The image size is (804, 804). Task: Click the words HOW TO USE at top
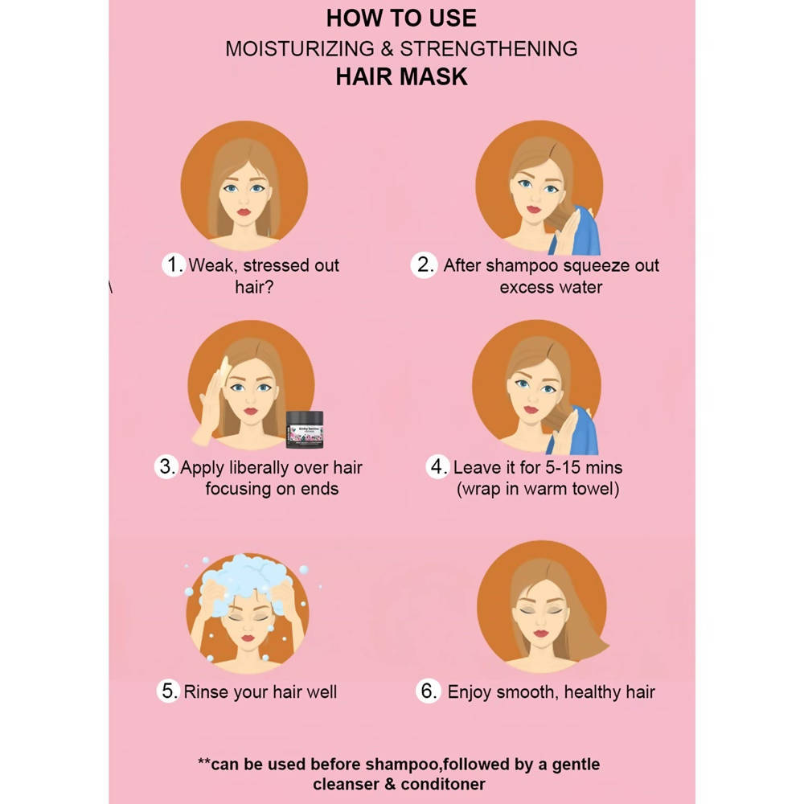pyautogui.click(x=401, y=18)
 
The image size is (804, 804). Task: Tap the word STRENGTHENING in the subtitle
pyautogui.click(x=489, y=49)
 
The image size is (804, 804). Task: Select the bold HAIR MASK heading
pyautogui.click(x=401, y=77)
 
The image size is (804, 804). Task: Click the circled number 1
pyautogui.click(x=174, y=265)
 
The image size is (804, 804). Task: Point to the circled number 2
pyautogui.click(x=424, y=265)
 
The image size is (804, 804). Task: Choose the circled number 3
pyautogui.click(x=166, y=466)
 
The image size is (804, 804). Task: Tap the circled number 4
pyautogui.click(x=437, y=466)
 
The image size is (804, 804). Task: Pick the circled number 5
pyautogui.click(x=168, y=691)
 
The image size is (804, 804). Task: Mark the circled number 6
pyautogui.click(x=429, y=691)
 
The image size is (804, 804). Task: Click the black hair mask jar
pyautogui.click(x=305, y=429)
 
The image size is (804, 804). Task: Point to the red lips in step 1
pyautogui.click(x=244, y=211)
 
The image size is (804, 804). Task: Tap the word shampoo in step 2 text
pyautogui.click(x=522, y=266)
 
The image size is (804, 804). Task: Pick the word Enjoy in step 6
pyautogui.click(x=470, y=692)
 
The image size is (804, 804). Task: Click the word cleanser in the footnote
pyautogui.click(x=346, y=784)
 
